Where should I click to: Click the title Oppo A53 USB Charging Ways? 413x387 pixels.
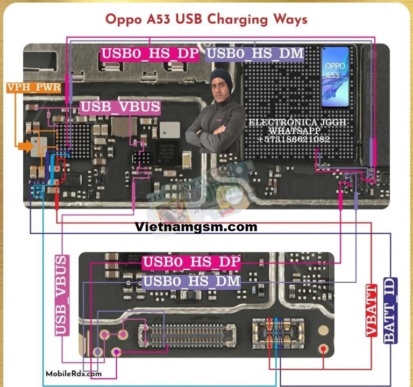[x=206, y=19]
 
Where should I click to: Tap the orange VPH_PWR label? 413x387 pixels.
[x=33, y=87]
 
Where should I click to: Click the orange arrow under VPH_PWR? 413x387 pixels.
[x=24, y=146]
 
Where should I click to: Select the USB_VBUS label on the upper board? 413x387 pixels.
[x=120, y=106]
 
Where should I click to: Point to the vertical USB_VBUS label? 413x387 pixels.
[x=62, y=295]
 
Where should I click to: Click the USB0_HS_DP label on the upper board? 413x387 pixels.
[x=150, y=54]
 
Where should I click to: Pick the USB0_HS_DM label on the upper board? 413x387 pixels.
[x=255, y=54]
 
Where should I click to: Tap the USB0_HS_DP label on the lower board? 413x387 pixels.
[x=191, y=262]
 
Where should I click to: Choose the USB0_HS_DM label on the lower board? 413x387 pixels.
[x=191, y=281]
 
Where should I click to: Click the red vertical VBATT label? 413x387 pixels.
[x=372, y=310]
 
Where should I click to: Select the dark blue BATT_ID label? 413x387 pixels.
[x=390, y=311]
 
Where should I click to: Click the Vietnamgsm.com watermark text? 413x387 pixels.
[x=196, y=227]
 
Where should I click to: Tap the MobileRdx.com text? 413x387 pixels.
[x=74, y=374]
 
